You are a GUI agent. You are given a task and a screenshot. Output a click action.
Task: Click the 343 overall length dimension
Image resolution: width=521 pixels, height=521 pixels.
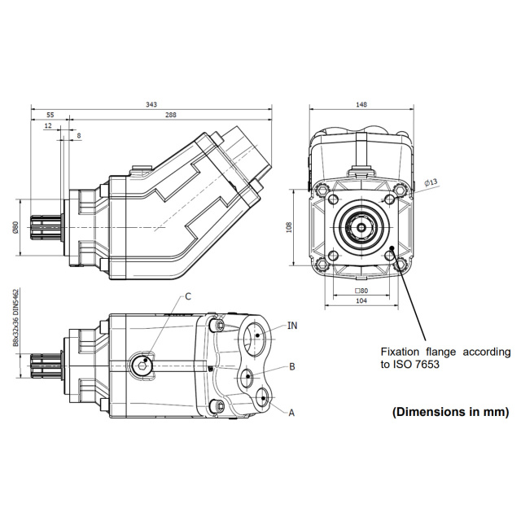151,103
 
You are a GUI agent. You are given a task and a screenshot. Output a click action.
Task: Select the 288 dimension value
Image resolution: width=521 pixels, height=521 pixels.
170,115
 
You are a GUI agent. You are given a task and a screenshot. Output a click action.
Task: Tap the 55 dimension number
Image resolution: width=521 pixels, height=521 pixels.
50,115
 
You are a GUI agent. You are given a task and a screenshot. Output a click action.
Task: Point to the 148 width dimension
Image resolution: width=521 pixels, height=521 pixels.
361,103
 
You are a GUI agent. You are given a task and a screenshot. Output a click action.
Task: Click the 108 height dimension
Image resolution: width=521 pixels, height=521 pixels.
289,227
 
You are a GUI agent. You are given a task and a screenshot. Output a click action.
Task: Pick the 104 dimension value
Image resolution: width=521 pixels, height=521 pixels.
361,300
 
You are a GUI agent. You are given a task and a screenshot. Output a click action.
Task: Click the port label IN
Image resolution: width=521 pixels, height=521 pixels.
292,325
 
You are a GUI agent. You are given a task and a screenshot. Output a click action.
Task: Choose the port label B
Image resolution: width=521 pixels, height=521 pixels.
291,367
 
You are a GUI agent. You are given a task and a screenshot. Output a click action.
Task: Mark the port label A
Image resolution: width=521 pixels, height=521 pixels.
291,413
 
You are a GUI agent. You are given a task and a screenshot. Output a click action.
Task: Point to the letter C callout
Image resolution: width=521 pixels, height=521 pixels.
187,296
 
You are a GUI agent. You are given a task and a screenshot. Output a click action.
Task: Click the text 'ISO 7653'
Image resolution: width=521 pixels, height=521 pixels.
419,365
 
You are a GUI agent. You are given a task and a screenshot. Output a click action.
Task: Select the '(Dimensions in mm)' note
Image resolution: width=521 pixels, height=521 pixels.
450,412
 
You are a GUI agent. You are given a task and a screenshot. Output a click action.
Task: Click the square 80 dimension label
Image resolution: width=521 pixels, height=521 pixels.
361,290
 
